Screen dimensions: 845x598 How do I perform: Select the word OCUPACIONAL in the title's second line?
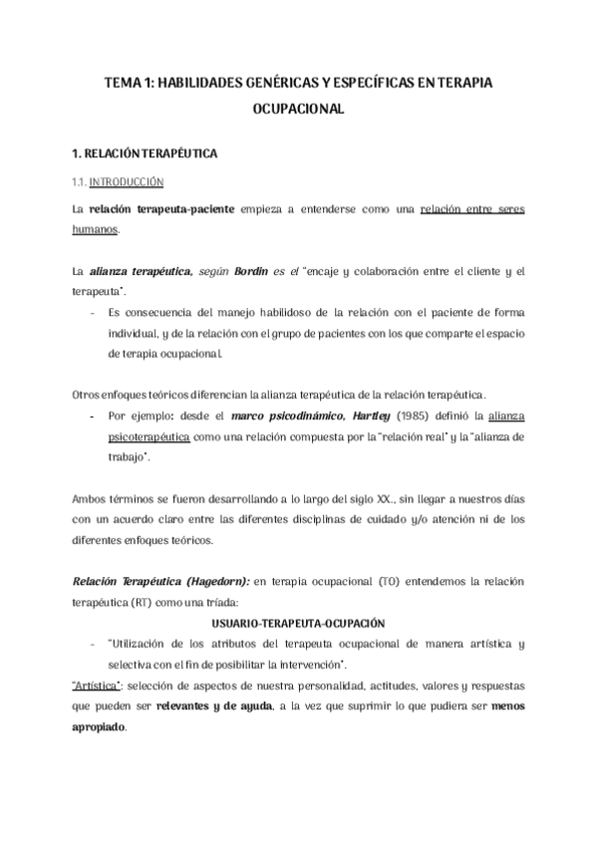pyautogui.click(x=299, y=112)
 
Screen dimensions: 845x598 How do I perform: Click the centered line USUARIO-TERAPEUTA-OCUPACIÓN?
pyautogui.click(x=299, y=623)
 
